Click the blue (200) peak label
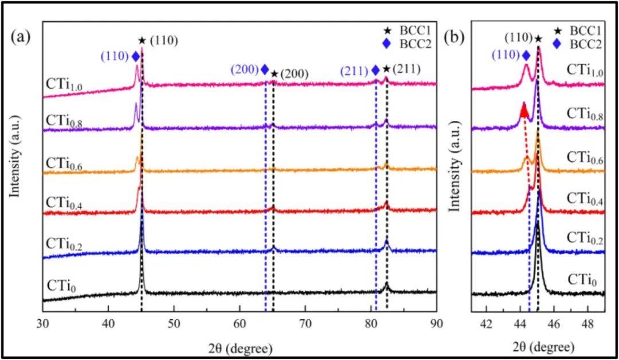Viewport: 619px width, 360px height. click(245, 70)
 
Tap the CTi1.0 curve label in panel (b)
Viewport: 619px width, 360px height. click(585, 70)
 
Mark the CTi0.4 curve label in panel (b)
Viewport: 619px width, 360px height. click(585, 198)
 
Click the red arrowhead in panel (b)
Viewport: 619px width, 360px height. click(523, 109)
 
